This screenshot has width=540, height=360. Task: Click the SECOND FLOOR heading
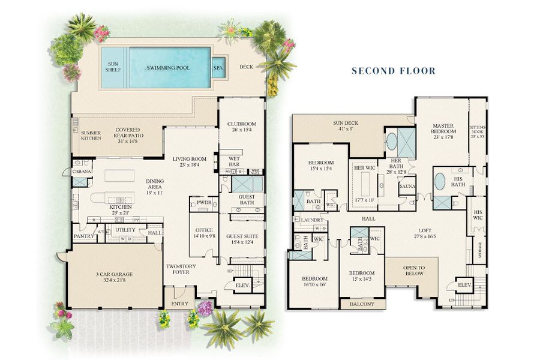(x=393, y=71)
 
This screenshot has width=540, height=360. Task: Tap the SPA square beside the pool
(x=218, y=67)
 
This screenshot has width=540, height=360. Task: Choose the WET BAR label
(x=234, y=161)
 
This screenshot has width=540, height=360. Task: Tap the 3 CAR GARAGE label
(x=113, y=277)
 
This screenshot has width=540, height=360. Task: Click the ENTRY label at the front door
(x=179, y=304)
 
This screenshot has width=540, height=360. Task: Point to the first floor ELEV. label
(x=242, y=285)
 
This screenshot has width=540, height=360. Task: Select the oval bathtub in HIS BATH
(x=439, y=181)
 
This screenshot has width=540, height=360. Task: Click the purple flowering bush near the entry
(x=205, y=308)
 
